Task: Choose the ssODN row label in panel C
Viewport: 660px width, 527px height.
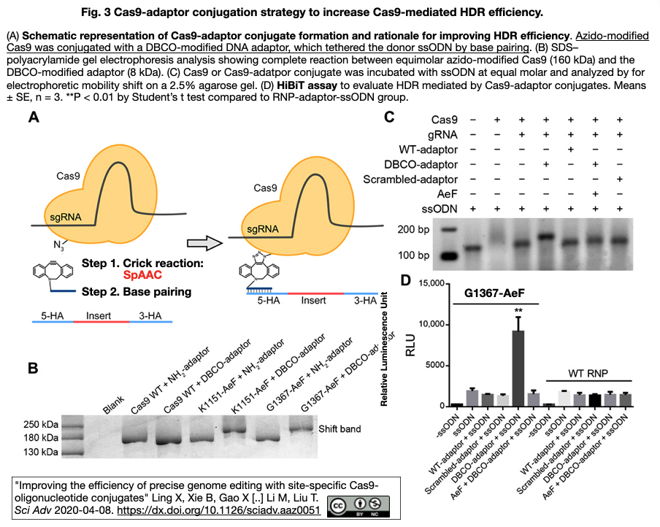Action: pyautogui.click(x=440, y=209)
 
